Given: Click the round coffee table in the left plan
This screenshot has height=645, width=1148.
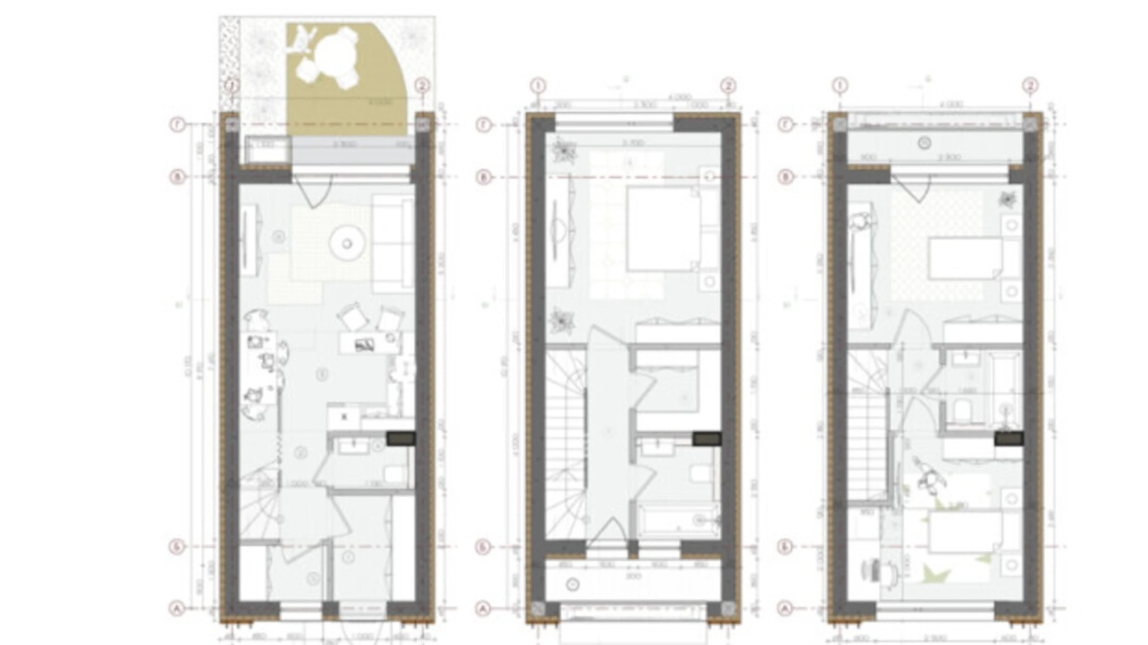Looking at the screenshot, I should point(347,243).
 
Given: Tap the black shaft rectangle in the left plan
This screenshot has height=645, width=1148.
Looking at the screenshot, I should point(401,438).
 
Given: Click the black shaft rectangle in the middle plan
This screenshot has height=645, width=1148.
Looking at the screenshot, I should point(707,438).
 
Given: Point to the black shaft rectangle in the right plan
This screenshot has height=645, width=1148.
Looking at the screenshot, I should point(1008,438).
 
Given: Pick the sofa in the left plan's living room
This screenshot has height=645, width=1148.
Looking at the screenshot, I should point(392,244).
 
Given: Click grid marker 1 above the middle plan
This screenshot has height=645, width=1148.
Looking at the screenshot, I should point(537,86).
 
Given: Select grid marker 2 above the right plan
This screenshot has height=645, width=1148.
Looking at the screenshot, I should point(1030,86).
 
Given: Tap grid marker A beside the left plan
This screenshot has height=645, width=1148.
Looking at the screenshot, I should point(177,609).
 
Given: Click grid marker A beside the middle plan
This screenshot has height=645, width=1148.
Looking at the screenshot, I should point(484,609).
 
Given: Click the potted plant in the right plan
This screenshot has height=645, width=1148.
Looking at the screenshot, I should point(1007,200).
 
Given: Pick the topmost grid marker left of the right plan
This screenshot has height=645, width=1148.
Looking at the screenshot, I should point(786,125).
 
